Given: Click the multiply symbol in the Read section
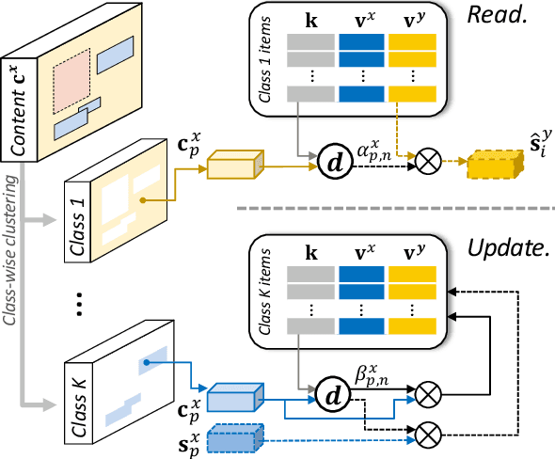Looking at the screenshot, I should coord(411,161).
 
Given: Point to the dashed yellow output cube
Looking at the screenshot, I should coord(493,164).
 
